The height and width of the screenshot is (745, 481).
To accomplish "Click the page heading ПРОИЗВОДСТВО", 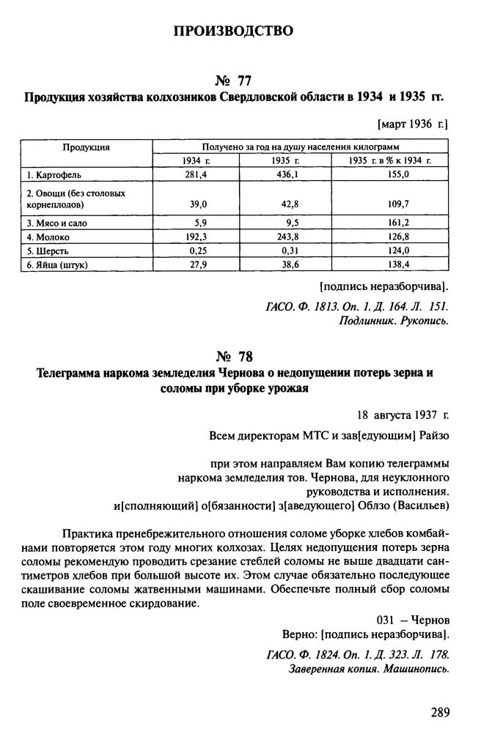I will pyautogui.click(x=234, y=31).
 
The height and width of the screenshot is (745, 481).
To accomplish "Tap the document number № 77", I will pyautogui.click(x=235, y=78).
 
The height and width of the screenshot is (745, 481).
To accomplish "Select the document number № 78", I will pyautogui.click(x=235, y=357).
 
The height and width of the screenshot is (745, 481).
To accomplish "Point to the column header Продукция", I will pyautogui.click(x=86, y=147).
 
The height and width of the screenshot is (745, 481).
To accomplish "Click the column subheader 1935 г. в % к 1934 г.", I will pyautogui.click(x=389, y=160).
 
